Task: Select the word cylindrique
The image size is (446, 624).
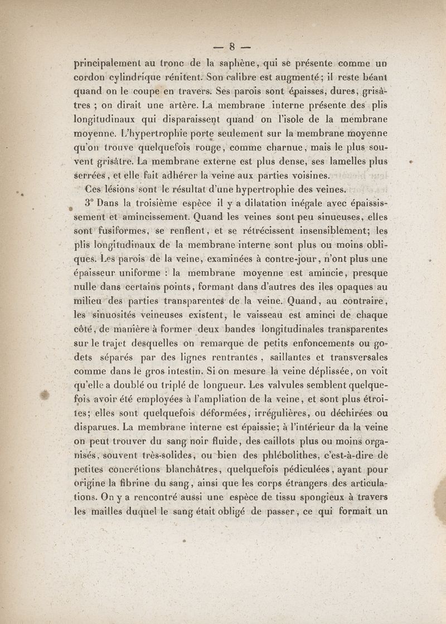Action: [x=135, y=77]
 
